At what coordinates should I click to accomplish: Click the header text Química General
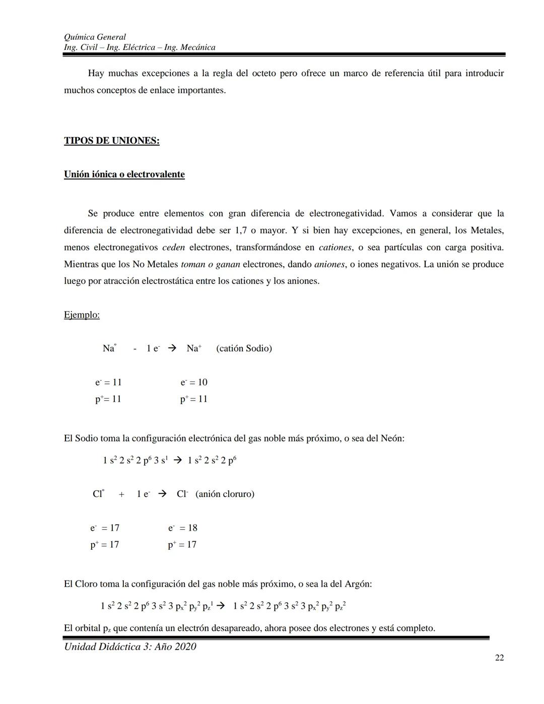pos(95,37)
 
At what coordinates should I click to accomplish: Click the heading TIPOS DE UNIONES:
pos(111,141)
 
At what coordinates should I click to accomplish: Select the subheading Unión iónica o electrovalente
pos(124,174)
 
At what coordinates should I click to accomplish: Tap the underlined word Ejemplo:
pos(82,315)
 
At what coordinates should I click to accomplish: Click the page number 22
pos(499,658)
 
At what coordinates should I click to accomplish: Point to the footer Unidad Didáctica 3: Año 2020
pos(130,647)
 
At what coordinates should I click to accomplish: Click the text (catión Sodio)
pos(244,348)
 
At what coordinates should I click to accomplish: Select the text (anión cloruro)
pos(225,494)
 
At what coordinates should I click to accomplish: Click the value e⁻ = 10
pos(194,382)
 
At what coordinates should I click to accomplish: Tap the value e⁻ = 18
pos(183,528)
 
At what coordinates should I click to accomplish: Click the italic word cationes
pos(335,247)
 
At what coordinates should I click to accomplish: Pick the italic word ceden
pos(173,247)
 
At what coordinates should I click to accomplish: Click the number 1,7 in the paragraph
pos(240,230)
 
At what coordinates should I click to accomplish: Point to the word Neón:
pos(392,438)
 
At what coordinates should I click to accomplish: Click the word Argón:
pos(358,584)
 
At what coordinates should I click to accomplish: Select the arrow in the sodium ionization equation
pos(171,348)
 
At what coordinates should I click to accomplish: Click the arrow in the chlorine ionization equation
pos(162,494)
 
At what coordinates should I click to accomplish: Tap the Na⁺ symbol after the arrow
pos(193,348)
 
